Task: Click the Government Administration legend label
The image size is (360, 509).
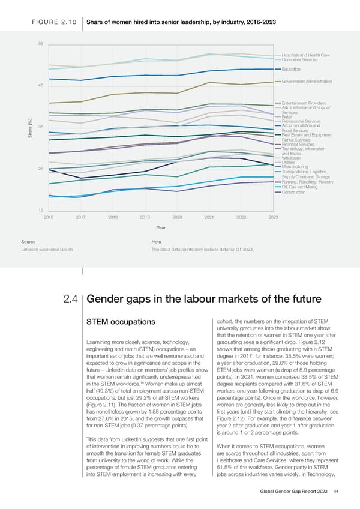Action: tap(307, 81)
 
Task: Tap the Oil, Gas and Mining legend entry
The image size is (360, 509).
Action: tap(299, 187)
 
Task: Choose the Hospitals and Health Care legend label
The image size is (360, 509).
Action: tap(305, 55)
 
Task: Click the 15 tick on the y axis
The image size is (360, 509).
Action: tap(40, 209)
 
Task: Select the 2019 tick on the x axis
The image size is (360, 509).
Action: tap(145, 217)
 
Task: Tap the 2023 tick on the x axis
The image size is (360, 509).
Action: tap(273, 217)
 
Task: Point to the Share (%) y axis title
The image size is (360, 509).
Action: tap(31, 127)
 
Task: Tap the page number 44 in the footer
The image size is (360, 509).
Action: tap(337, 490)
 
